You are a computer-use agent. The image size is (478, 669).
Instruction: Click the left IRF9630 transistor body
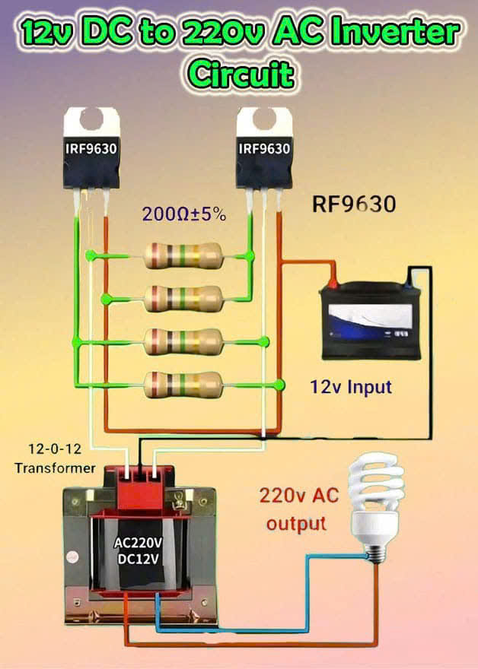pos(91,156)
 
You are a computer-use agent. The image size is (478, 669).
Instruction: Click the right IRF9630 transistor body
pos(263,156)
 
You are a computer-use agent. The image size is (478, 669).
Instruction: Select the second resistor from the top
pos(183,297)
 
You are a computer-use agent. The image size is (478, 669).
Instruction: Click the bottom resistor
pos(183,385)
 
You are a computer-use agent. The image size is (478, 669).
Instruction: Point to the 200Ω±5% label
pos(183,214)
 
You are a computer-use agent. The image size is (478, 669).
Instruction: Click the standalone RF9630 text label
pos(354,205)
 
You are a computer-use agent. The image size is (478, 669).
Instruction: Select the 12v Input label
pos(351,386)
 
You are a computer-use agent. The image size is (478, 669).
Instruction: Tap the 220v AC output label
pos(293,509)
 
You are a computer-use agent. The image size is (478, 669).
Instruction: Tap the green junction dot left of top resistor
pos(91,256)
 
